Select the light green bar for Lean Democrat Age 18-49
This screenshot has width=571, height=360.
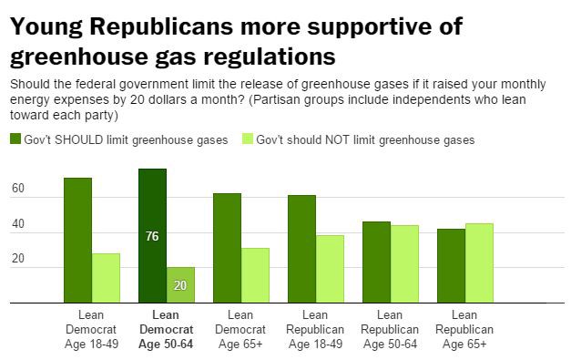(x=107, y=278)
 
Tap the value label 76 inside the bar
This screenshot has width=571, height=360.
(x=152, y=235)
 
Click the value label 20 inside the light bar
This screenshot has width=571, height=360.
(x=181, y=284)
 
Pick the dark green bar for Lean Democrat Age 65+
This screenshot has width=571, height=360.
(x=227, y=248)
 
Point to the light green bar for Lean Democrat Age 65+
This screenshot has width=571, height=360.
(x=256, y=275)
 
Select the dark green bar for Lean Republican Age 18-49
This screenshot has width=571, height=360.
(x=301, y=249)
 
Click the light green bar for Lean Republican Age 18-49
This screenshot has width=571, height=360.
(x=331, y=269)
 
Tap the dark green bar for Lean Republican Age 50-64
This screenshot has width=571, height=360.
(x=376, y=262)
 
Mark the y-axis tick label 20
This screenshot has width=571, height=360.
(x=18, y=260)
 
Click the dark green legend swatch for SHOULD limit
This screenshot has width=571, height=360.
(x=16, y=139)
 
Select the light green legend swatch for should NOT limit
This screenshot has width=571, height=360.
(x=248, y=139)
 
